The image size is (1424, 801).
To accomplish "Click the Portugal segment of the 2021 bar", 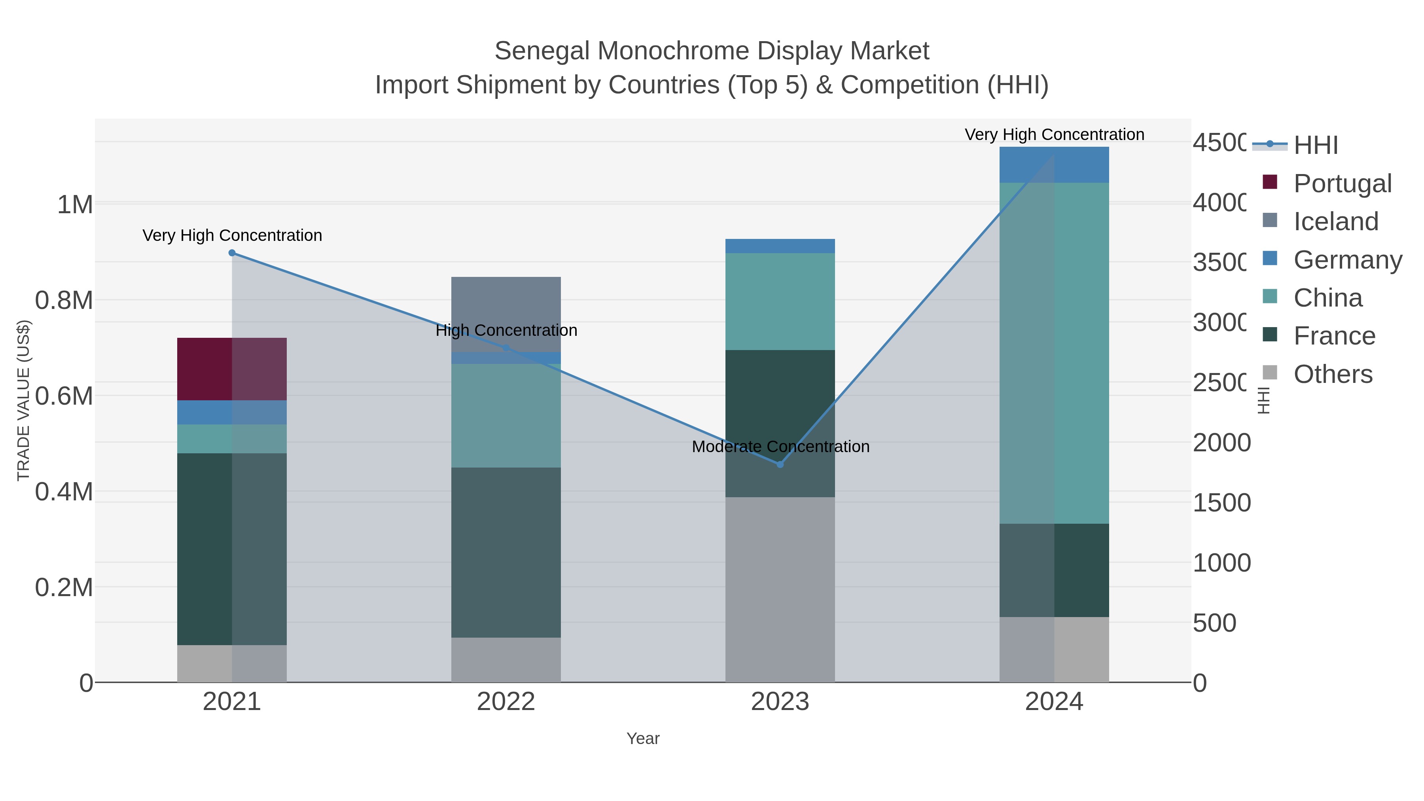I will (x=232, y=369).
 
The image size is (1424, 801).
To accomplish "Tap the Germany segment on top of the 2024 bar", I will (x=1054, y=165).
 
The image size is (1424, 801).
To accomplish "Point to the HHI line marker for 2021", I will (x=232, y=253).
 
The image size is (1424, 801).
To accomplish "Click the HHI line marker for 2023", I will (x=780, y=464).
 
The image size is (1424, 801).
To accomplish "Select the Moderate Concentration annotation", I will (x=780, y=447).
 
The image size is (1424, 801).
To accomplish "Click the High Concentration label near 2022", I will (x=506, y=331).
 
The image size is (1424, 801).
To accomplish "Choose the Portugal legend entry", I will (x=1342, y=184).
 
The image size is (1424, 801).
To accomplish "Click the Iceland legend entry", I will (x=1335, y=222).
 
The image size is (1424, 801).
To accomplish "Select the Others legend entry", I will (x=1333, y=374).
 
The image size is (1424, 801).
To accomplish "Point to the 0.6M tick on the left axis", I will (x=64, y=396).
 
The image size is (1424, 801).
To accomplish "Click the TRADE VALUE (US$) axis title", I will (x=24, y=401).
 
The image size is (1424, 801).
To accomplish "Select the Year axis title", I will (x=643, y=739).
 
